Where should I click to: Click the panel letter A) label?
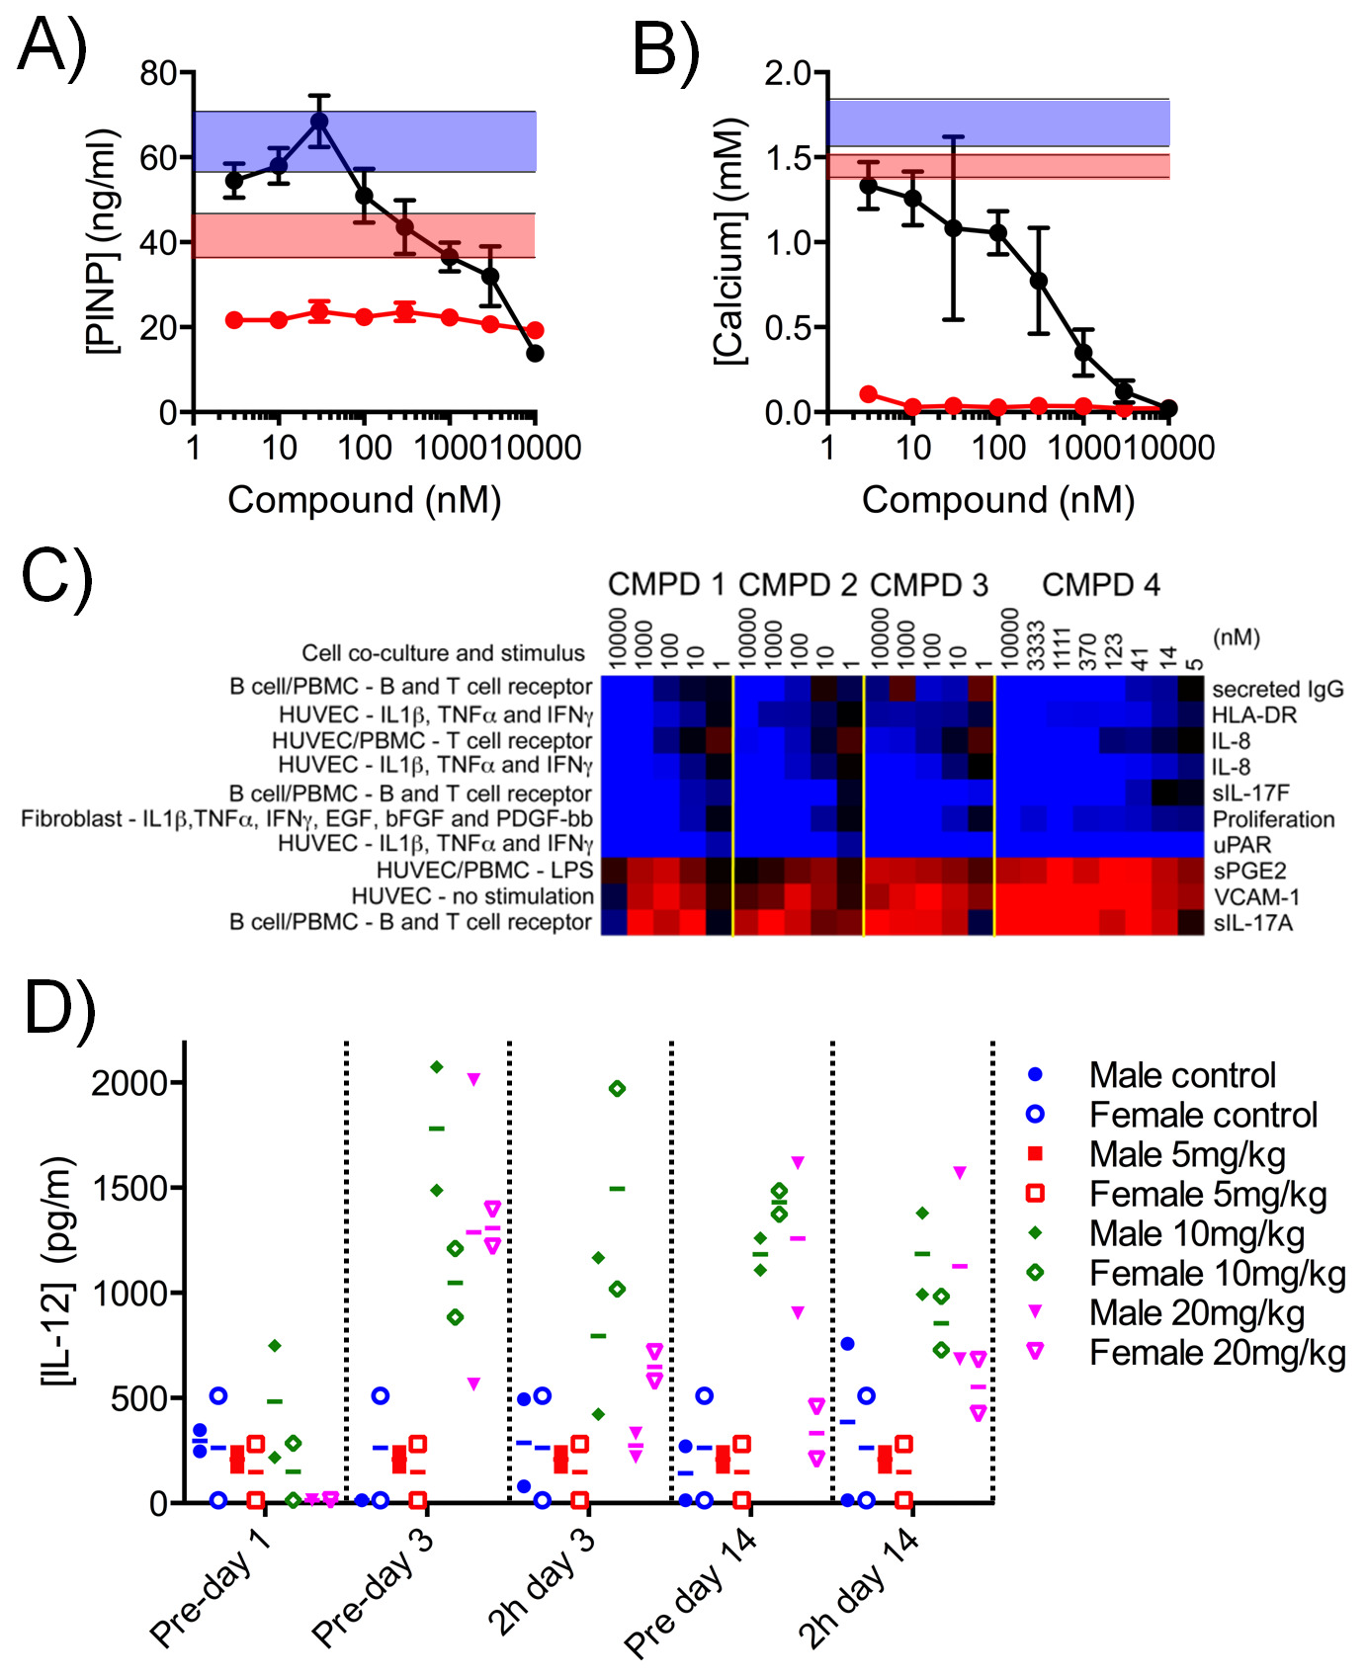(52, 44)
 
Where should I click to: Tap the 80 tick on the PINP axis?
(158, 73)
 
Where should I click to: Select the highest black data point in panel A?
(319, 122)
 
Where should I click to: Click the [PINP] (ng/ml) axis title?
(103, 241)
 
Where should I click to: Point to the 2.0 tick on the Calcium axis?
(788, 73)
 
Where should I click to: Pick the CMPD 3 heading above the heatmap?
(928, 585)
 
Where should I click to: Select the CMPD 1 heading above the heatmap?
(666, 585)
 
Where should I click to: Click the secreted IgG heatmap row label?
(1277, 689)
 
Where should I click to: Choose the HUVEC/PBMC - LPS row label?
(484, 870)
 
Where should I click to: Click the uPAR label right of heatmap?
(1241, 845)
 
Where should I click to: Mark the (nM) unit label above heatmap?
(1236, 637)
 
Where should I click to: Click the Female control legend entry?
(1202, 1115)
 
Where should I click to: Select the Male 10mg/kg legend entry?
(1196, 1233)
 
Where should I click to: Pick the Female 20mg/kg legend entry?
(1217, 1352)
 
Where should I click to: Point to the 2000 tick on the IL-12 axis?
(129, 1083)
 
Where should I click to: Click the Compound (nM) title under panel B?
(997, 500)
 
